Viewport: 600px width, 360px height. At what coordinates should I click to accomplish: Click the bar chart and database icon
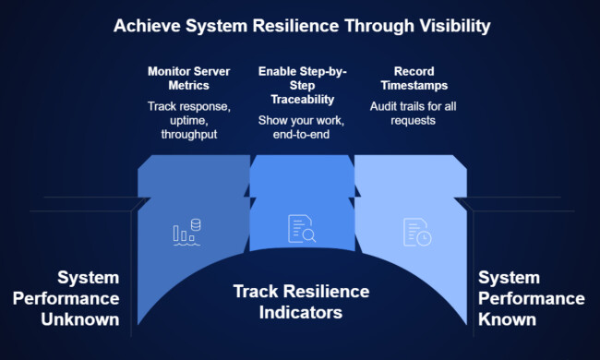coord(188,232)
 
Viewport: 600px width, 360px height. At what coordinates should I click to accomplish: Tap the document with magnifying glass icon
coord(302,229)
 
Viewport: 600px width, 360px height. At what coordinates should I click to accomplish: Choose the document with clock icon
coord(416,231)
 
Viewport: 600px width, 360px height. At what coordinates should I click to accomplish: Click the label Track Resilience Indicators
coord(301,302)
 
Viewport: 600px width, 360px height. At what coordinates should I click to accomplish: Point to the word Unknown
coord(80,319)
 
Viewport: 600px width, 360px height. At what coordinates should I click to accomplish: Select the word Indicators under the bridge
coord(301,313)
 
